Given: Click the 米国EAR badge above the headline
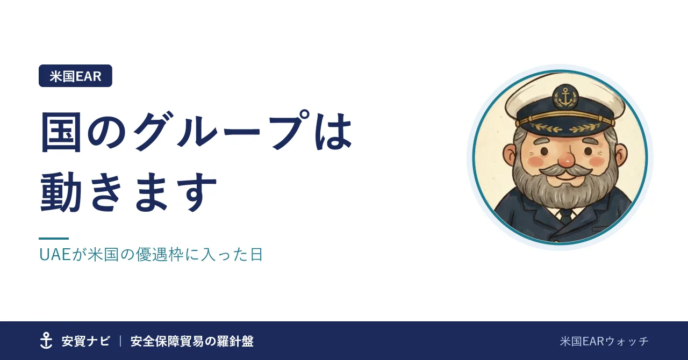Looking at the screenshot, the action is point(75,76).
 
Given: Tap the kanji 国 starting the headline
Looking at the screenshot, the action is point(61,132).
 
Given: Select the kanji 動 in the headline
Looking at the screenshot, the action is point(61,192).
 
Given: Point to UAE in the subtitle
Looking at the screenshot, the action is point(55,255).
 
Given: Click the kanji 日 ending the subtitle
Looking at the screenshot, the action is point(256,255).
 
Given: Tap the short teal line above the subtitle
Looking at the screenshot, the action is point(54,239).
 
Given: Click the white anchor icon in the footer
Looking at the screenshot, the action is point(46,341).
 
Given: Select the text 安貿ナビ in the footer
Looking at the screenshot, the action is point(85,341).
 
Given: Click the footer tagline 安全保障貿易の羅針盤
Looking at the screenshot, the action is point(192,341).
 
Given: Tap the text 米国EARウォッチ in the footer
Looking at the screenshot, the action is point(604,341).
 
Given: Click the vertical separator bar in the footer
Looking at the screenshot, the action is point(120,341).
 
